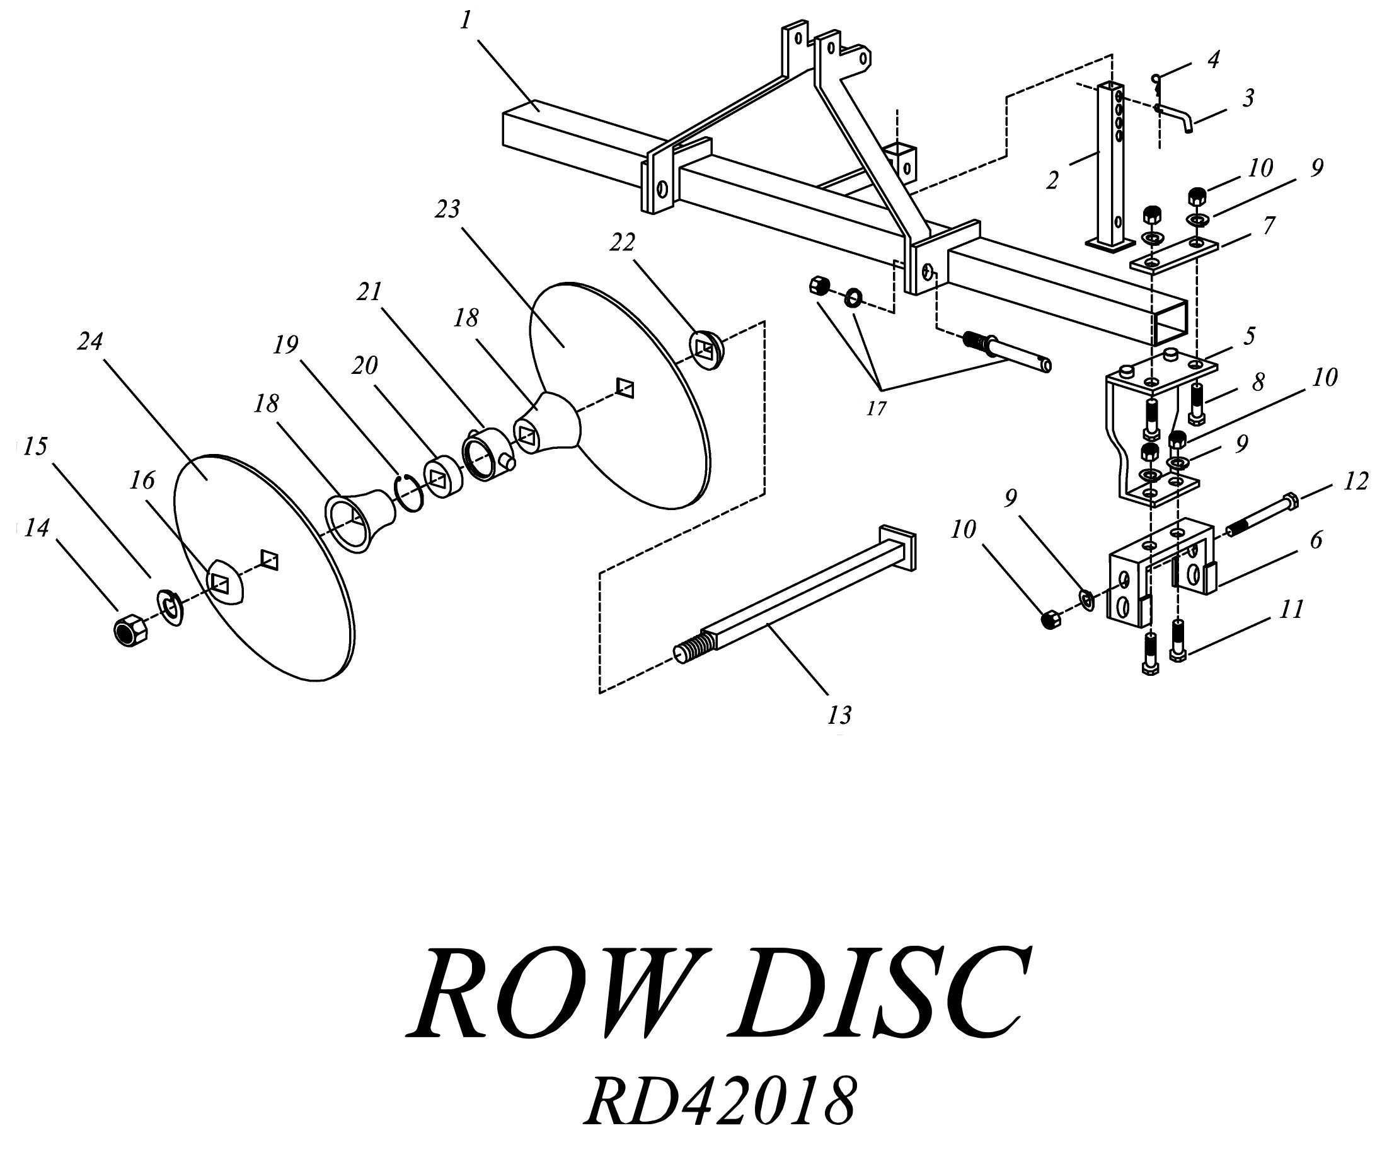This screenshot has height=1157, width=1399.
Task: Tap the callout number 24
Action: click(x=90, y=342)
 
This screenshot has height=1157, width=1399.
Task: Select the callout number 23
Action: click(x=447, y=209)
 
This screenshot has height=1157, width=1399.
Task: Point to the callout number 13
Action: click(x=839, y=716)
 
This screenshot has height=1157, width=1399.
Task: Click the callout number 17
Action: click(x=876, y=409)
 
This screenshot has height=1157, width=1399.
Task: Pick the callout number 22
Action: click(x=622, y=243)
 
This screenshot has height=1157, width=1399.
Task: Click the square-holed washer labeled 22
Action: click(x=706, y=349)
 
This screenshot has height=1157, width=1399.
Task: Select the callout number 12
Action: click(x=1355, y=480)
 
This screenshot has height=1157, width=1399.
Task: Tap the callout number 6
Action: click(x=1315, y=540)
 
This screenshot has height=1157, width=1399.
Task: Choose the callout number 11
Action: click(x=1292, y=609)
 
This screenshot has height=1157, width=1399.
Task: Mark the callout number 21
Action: click(x=370, y=292)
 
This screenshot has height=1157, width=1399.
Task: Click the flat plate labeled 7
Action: click(x=1174, y=256)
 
